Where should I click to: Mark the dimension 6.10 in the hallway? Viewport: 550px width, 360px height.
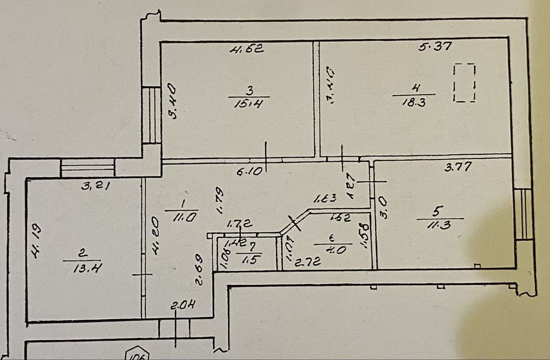click(248, 172)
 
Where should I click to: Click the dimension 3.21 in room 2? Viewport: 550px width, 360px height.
click(96, 186)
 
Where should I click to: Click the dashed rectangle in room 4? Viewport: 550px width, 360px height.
click(464, 83)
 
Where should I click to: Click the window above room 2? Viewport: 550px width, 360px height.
click(87, 167)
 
